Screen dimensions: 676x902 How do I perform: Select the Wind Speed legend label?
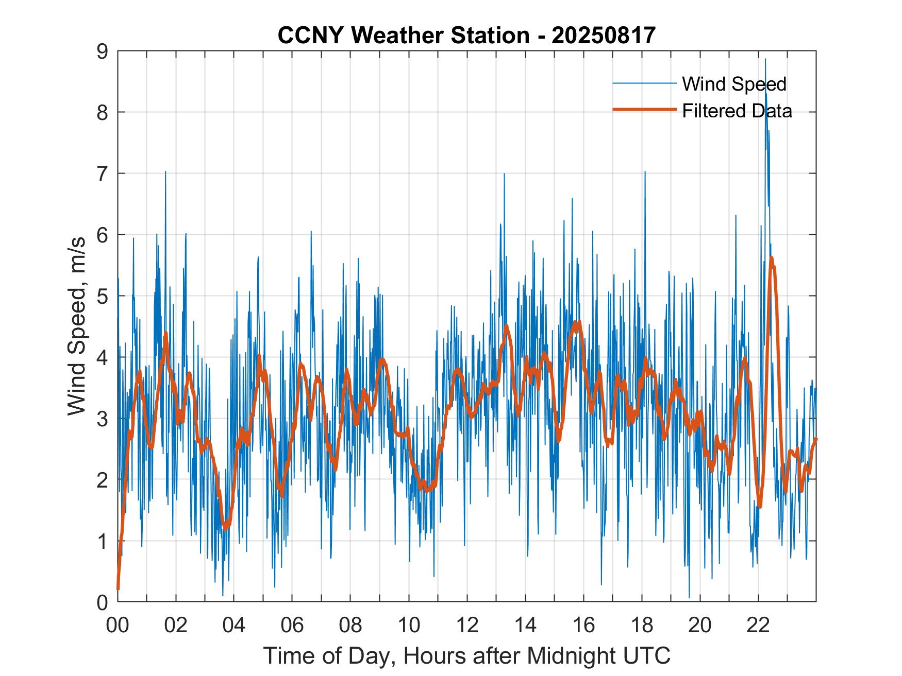[734, 84]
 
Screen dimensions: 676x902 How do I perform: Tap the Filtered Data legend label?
[737, 111]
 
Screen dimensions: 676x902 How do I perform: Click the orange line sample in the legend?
[644, 110]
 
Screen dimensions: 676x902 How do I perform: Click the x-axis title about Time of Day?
[466, 655]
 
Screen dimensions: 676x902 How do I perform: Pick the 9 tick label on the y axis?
[103, 51]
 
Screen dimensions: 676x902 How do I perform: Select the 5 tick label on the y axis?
[103, 296]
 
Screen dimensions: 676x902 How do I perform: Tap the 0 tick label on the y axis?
[103, 602]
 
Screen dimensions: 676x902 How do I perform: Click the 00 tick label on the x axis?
[118, 625]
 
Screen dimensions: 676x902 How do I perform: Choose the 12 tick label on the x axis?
[467, 625]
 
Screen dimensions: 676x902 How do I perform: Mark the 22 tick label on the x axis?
[758, 625]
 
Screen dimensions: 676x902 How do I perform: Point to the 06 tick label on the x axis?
[292, 625]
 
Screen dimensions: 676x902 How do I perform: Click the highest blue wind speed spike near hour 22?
[765, 60]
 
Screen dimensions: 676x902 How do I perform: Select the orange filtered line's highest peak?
[771, 258]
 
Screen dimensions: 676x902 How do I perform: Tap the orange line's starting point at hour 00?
[118, 588]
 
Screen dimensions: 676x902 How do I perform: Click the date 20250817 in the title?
[603, 36]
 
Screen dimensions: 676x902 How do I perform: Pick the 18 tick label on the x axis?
[642, 625]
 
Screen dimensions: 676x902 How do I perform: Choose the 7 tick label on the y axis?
[103, 174]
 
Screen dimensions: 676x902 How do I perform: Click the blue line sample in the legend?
[644, 83]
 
